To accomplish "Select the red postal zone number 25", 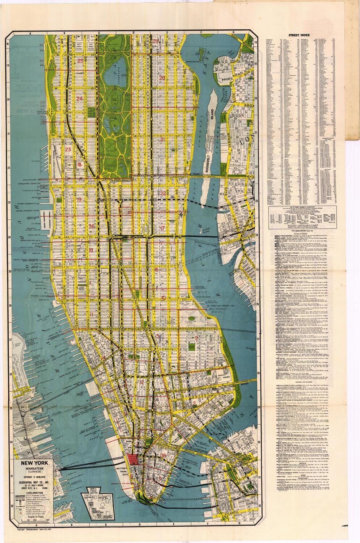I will (x=80, y=60).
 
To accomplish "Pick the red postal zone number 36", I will (x=92, y=226).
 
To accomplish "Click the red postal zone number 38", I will (x=165, y=455).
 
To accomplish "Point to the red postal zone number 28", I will (x=162, y=78).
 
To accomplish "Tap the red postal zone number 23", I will (x=68, y=149).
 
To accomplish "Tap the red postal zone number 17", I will (x=162, y=228).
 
